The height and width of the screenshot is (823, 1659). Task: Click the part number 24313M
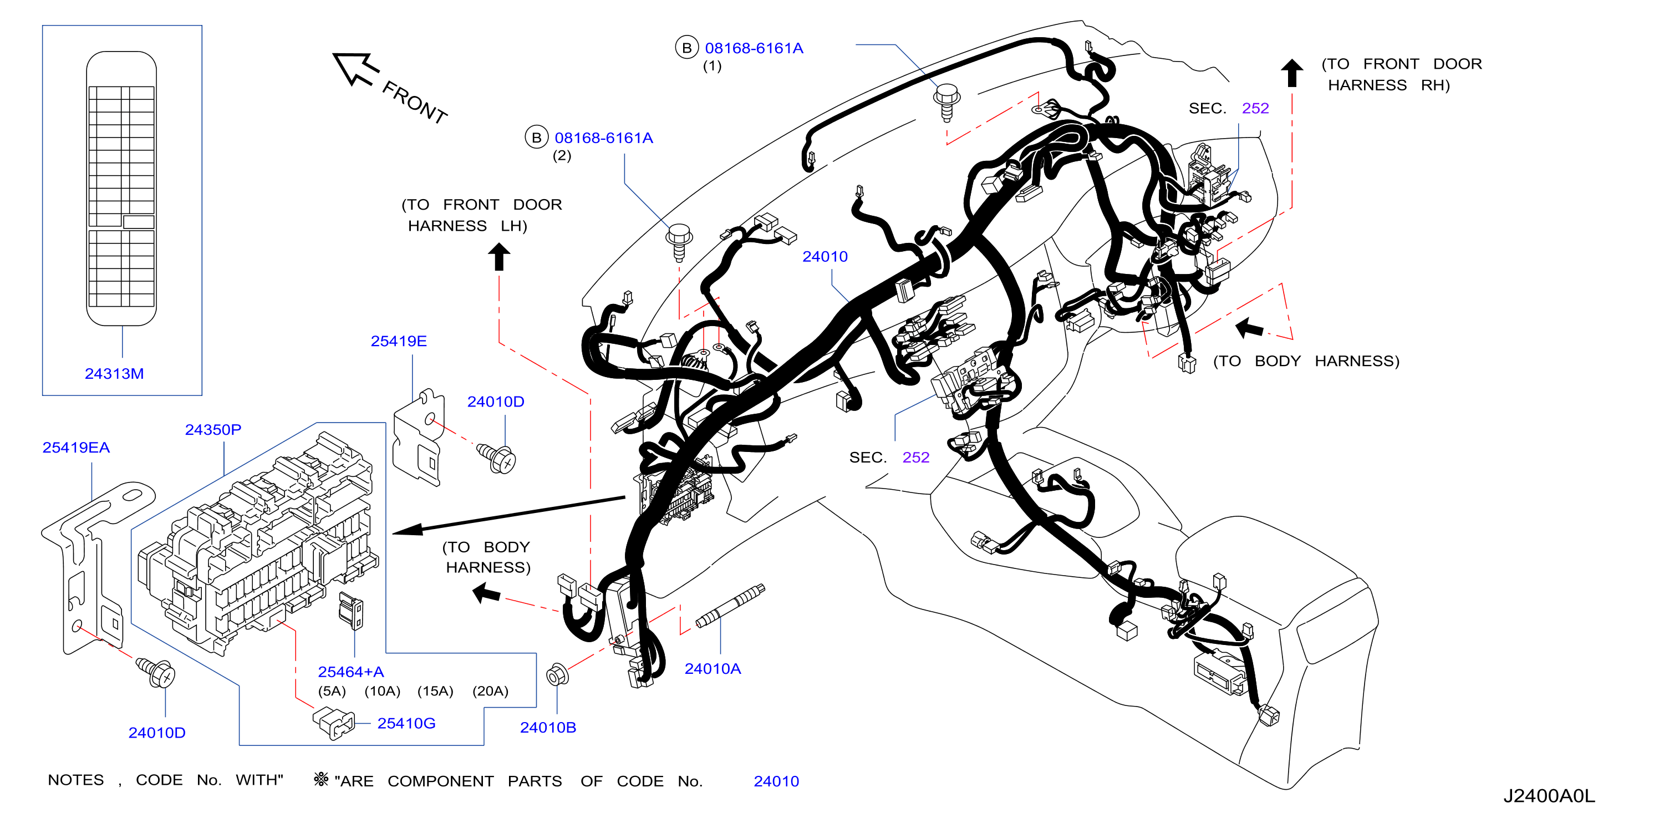114,373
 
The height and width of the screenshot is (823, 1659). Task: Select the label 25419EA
76,448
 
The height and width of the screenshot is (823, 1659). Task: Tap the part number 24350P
213,430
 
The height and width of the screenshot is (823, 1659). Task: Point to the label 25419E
399,341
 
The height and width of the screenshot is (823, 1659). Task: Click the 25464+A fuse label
351,672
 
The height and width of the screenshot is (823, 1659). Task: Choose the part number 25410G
406,723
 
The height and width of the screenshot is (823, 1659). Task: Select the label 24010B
548,727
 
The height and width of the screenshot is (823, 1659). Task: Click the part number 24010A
713,668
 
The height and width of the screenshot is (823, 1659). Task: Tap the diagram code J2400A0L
1549,796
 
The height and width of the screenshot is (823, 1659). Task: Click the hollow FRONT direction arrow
355,68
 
